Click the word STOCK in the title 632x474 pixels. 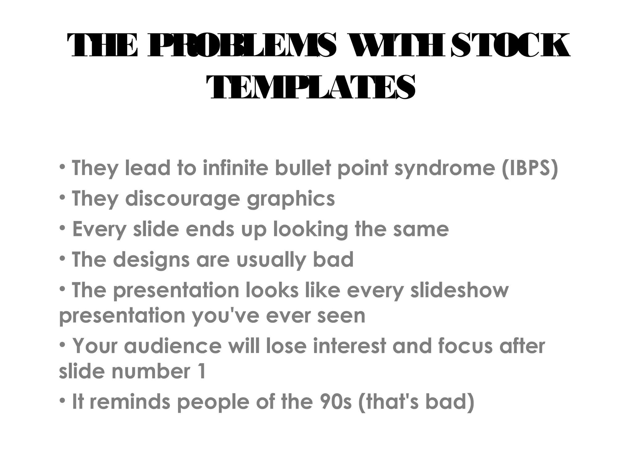point(510,46)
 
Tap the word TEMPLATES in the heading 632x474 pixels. point(310,88)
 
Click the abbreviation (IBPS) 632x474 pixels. point(530,168)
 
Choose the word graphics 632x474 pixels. point(291,199)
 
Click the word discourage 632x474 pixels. point(182,198)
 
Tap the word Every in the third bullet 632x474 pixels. point(99,230)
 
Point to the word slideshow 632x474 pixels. point(459,291)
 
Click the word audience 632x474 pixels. point(173,346)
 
